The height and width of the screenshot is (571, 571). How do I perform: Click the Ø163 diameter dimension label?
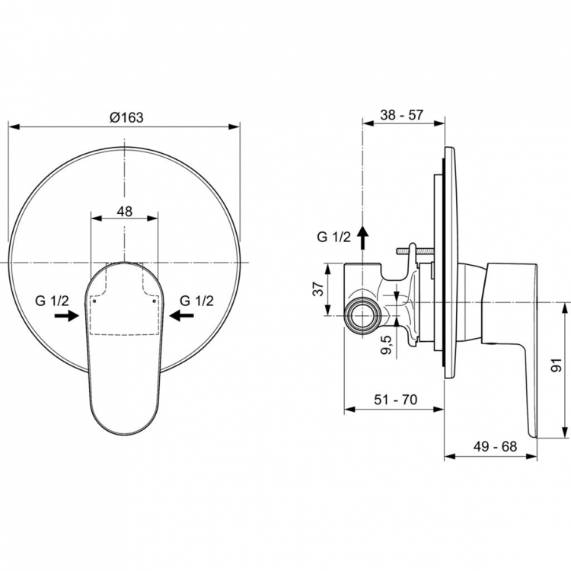coord(126,117)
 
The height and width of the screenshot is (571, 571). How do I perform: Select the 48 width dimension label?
coord(125,211)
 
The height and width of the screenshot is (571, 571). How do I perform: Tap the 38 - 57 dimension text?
coord(402,115)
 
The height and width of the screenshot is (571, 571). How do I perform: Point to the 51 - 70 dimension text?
coord(395,400)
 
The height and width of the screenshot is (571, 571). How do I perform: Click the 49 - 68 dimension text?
coord(496,446)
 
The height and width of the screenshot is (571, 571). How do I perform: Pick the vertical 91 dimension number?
coord(557,365)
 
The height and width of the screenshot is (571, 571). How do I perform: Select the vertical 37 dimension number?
coord(318,289)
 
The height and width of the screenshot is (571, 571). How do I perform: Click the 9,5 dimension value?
coord(386,345)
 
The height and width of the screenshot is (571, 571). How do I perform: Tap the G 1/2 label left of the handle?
coord(52,301)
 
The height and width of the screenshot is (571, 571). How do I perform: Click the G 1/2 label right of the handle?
coord(196,301)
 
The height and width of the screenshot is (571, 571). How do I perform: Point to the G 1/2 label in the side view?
coord(333,237)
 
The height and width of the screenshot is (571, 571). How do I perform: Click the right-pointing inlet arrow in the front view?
coord(67,316)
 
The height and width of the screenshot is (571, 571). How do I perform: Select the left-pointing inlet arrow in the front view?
coord(182,315)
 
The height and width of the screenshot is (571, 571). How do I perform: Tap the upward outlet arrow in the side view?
coord(362,237)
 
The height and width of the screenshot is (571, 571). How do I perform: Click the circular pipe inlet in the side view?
coord(362,315)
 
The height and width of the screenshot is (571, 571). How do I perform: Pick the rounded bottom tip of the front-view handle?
coord(124,434)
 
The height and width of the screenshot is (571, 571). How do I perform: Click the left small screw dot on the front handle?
coord(94,301)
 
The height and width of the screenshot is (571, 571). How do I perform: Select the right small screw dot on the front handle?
coord(154,301)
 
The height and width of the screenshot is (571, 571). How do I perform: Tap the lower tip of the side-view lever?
coord(533,435)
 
